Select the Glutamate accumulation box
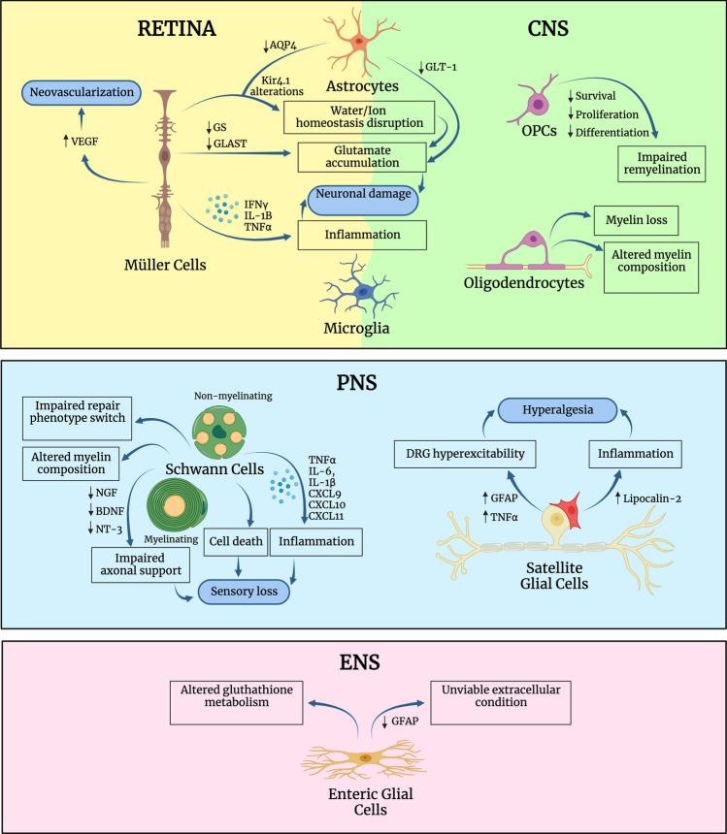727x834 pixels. (361, 157)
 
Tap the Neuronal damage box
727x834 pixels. (368, 195)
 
